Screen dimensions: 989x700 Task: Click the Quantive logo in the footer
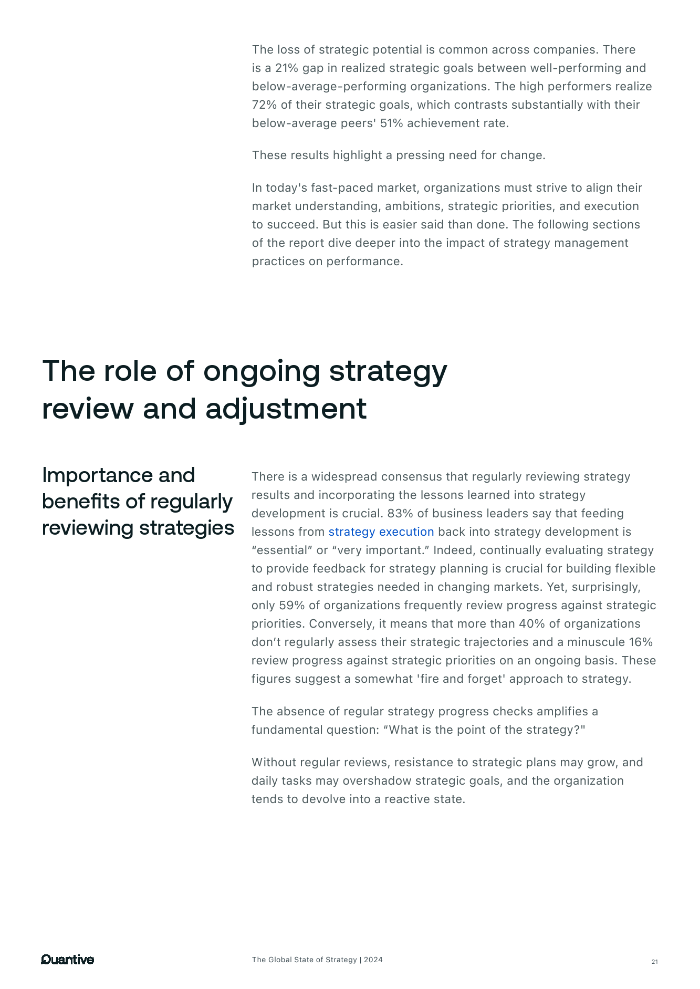click(67, 960)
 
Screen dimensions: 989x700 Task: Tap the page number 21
click(654, 962)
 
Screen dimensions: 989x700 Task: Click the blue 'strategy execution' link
click(381, 532)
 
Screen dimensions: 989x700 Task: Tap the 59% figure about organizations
click(291, 605)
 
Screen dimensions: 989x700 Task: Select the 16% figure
click(641, 642)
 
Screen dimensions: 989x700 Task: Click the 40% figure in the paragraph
click(531, 623)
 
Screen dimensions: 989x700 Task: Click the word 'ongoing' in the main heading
click(262, 371)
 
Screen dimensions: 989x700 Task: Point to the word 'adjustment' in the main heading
click(286, 409)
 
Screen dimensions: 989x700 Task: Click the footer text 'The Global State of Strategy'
click(304, 960)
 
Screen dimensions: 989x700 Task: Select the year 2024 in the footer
click(373, 960)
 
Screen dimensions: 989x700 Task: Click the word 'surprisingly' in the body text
click(605, 587)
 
